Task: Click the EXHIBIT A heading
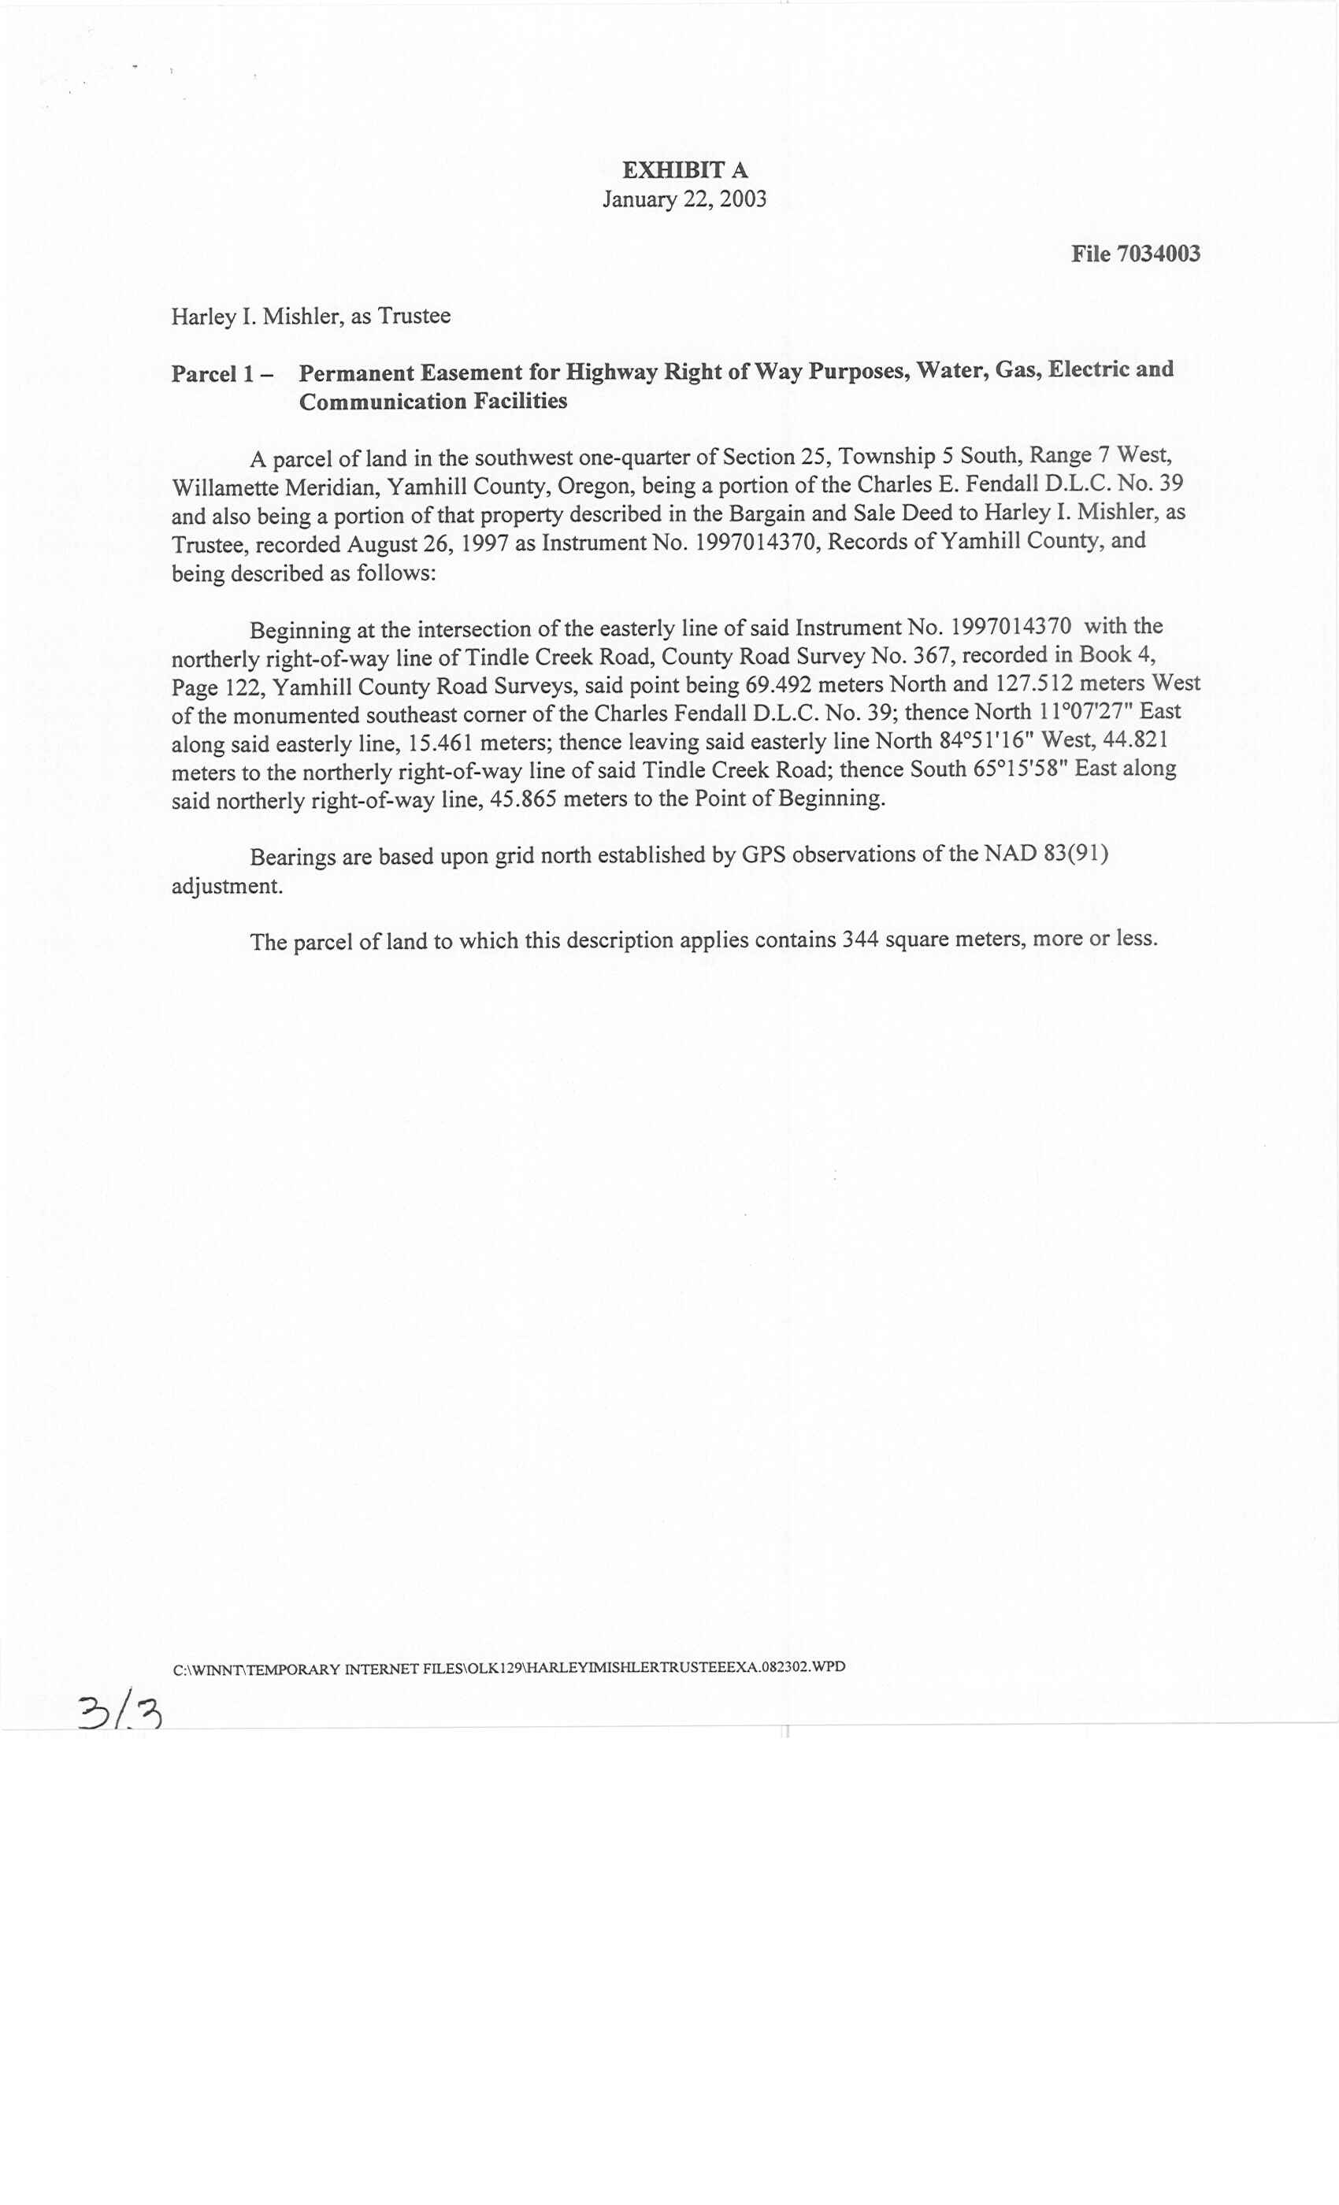[684, 170]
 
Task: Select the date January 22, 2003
[684, 198]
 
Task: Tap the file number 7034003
[1158, 254]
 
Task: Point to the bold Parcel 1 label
[215, 374]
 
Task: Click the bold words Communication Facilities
[433, 402]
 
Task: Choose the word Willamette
[224, 488]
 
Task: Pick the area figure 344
[859, 940]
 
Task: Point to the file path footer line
[508, 1667]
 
